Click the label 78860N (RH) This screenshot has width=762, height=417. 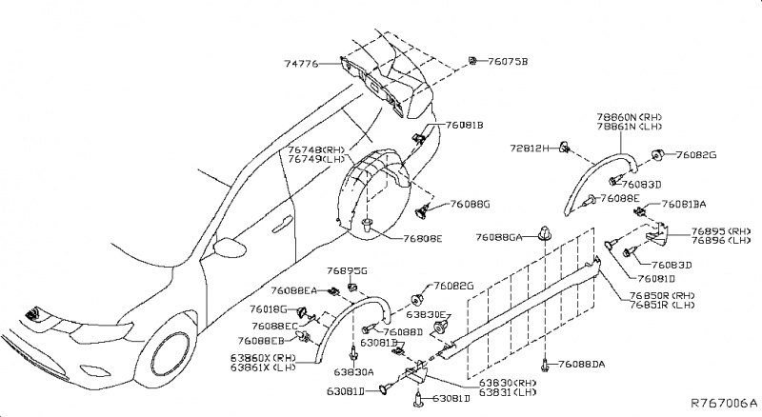pyautogui.click(x=629, y=117)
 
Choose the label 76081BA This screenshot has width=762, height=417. pyautogui.click(x=685, y=204)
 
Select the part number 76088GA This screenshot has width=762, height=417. pyautogui.click(x=502, y=236)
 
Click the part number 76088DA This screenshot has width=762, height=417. pyautogui.click(x=582, y=364)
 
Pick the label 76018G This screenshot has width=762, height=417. pyautogui.click(x=271, y=308)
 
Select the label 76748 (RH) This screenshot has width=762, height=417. pyautogui.click(x=318, y=149)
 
